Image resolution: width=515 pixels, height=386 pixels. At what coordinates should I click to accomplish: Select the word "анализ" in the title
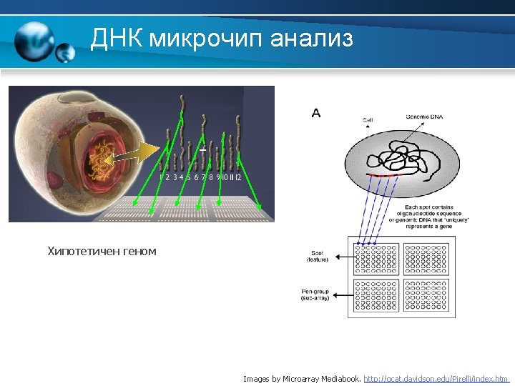point(312,39)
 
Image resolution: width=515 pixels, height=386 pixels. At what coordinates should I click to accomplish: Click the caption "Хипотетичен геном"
point(101,251)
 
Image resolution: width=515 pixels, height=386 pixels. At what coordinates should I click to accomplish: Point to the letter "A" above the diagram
point(316,112)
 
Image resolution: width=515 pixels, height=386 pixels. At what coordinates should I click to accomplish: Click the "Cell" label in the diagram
point(368,119)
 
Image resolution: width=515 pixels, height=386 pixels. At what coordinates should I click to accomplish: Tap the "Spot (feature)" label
point(318,256)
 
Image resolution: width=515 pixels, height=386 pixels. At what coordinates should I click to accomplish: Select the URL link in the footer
point(436,379)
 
